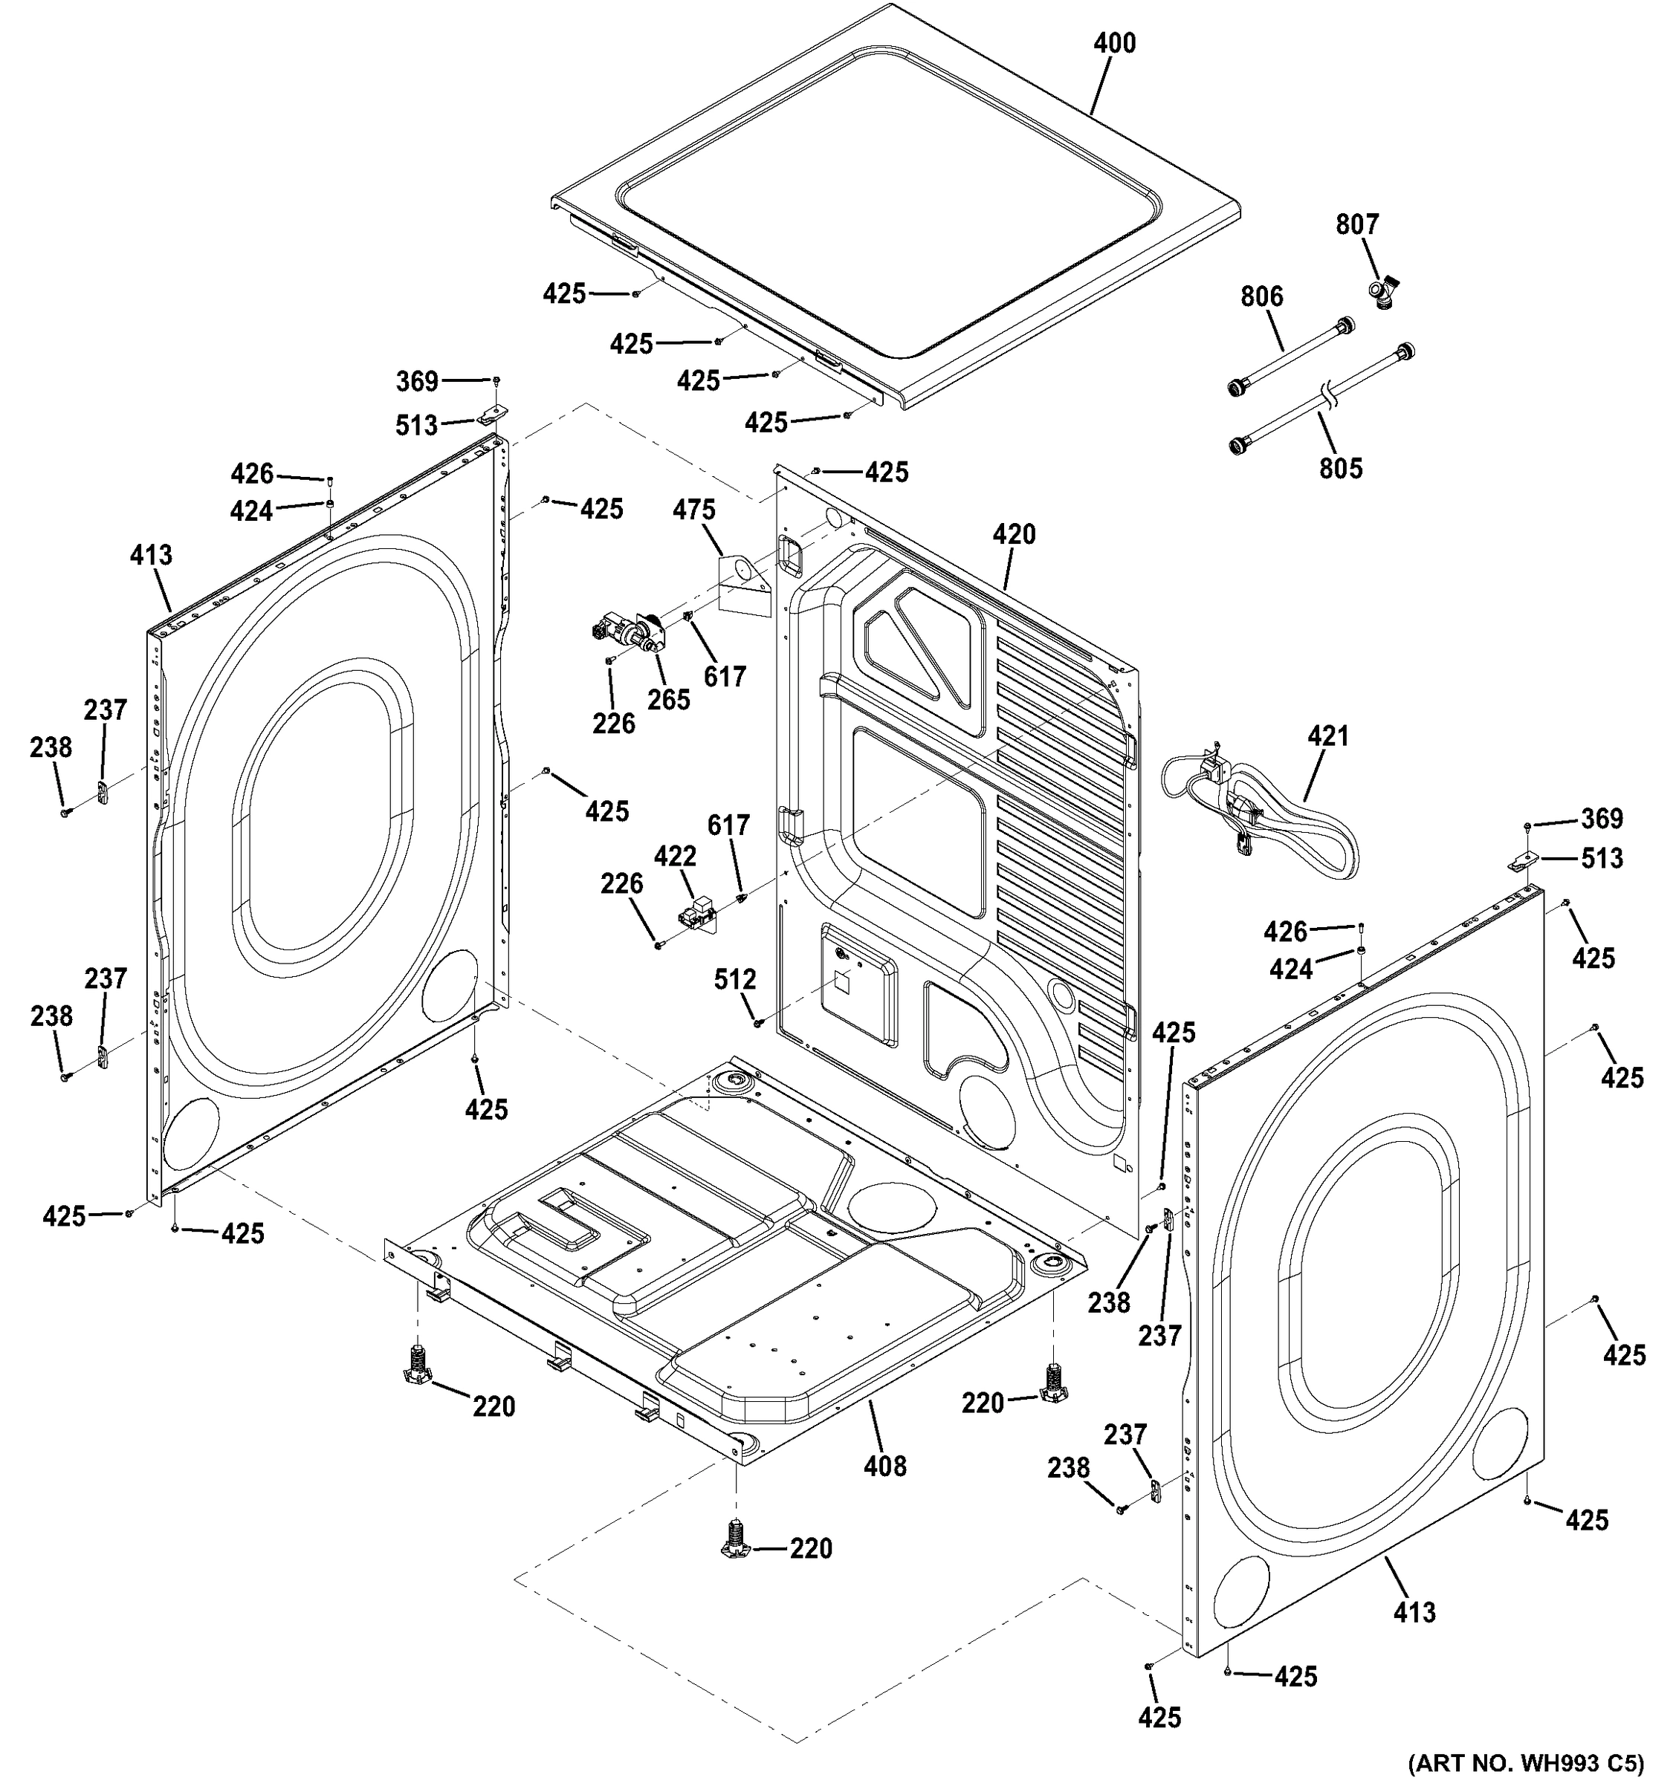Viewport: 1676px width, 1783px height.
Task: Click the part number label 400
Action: coord(1114,43)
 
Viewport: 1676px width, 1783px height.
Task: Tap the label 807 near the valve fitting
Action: coord(1356,224)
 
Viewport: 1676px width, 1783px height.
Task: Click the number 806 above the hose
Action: coord(1261,296)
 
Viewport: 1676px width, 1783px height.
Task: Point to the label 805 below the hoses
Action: coord(1341,468)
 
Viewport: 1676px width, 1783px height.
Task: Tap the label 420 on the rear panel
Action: coord(1014,535)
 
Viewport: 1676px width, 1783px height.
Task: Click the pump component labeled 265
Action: coord(628,635)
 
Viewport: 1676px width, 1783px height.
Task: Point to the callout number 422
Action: coord(675,857)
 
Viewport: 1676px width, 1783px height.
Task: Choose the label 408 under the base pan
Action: coord(884,1467)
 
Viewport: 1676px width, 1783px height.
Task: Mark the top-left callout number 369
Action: coord(417,382)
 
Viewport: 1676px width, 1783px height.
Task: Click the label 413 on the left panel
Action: coord(151,555)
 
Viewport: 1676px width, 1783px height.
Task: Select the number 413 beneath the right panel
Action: coord(1414,1613)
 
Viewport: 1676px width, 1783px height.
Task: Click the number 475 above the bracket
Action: coord(694,510)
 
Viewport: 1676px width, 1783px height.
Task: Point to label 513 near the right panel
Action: coord(1602,860)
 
